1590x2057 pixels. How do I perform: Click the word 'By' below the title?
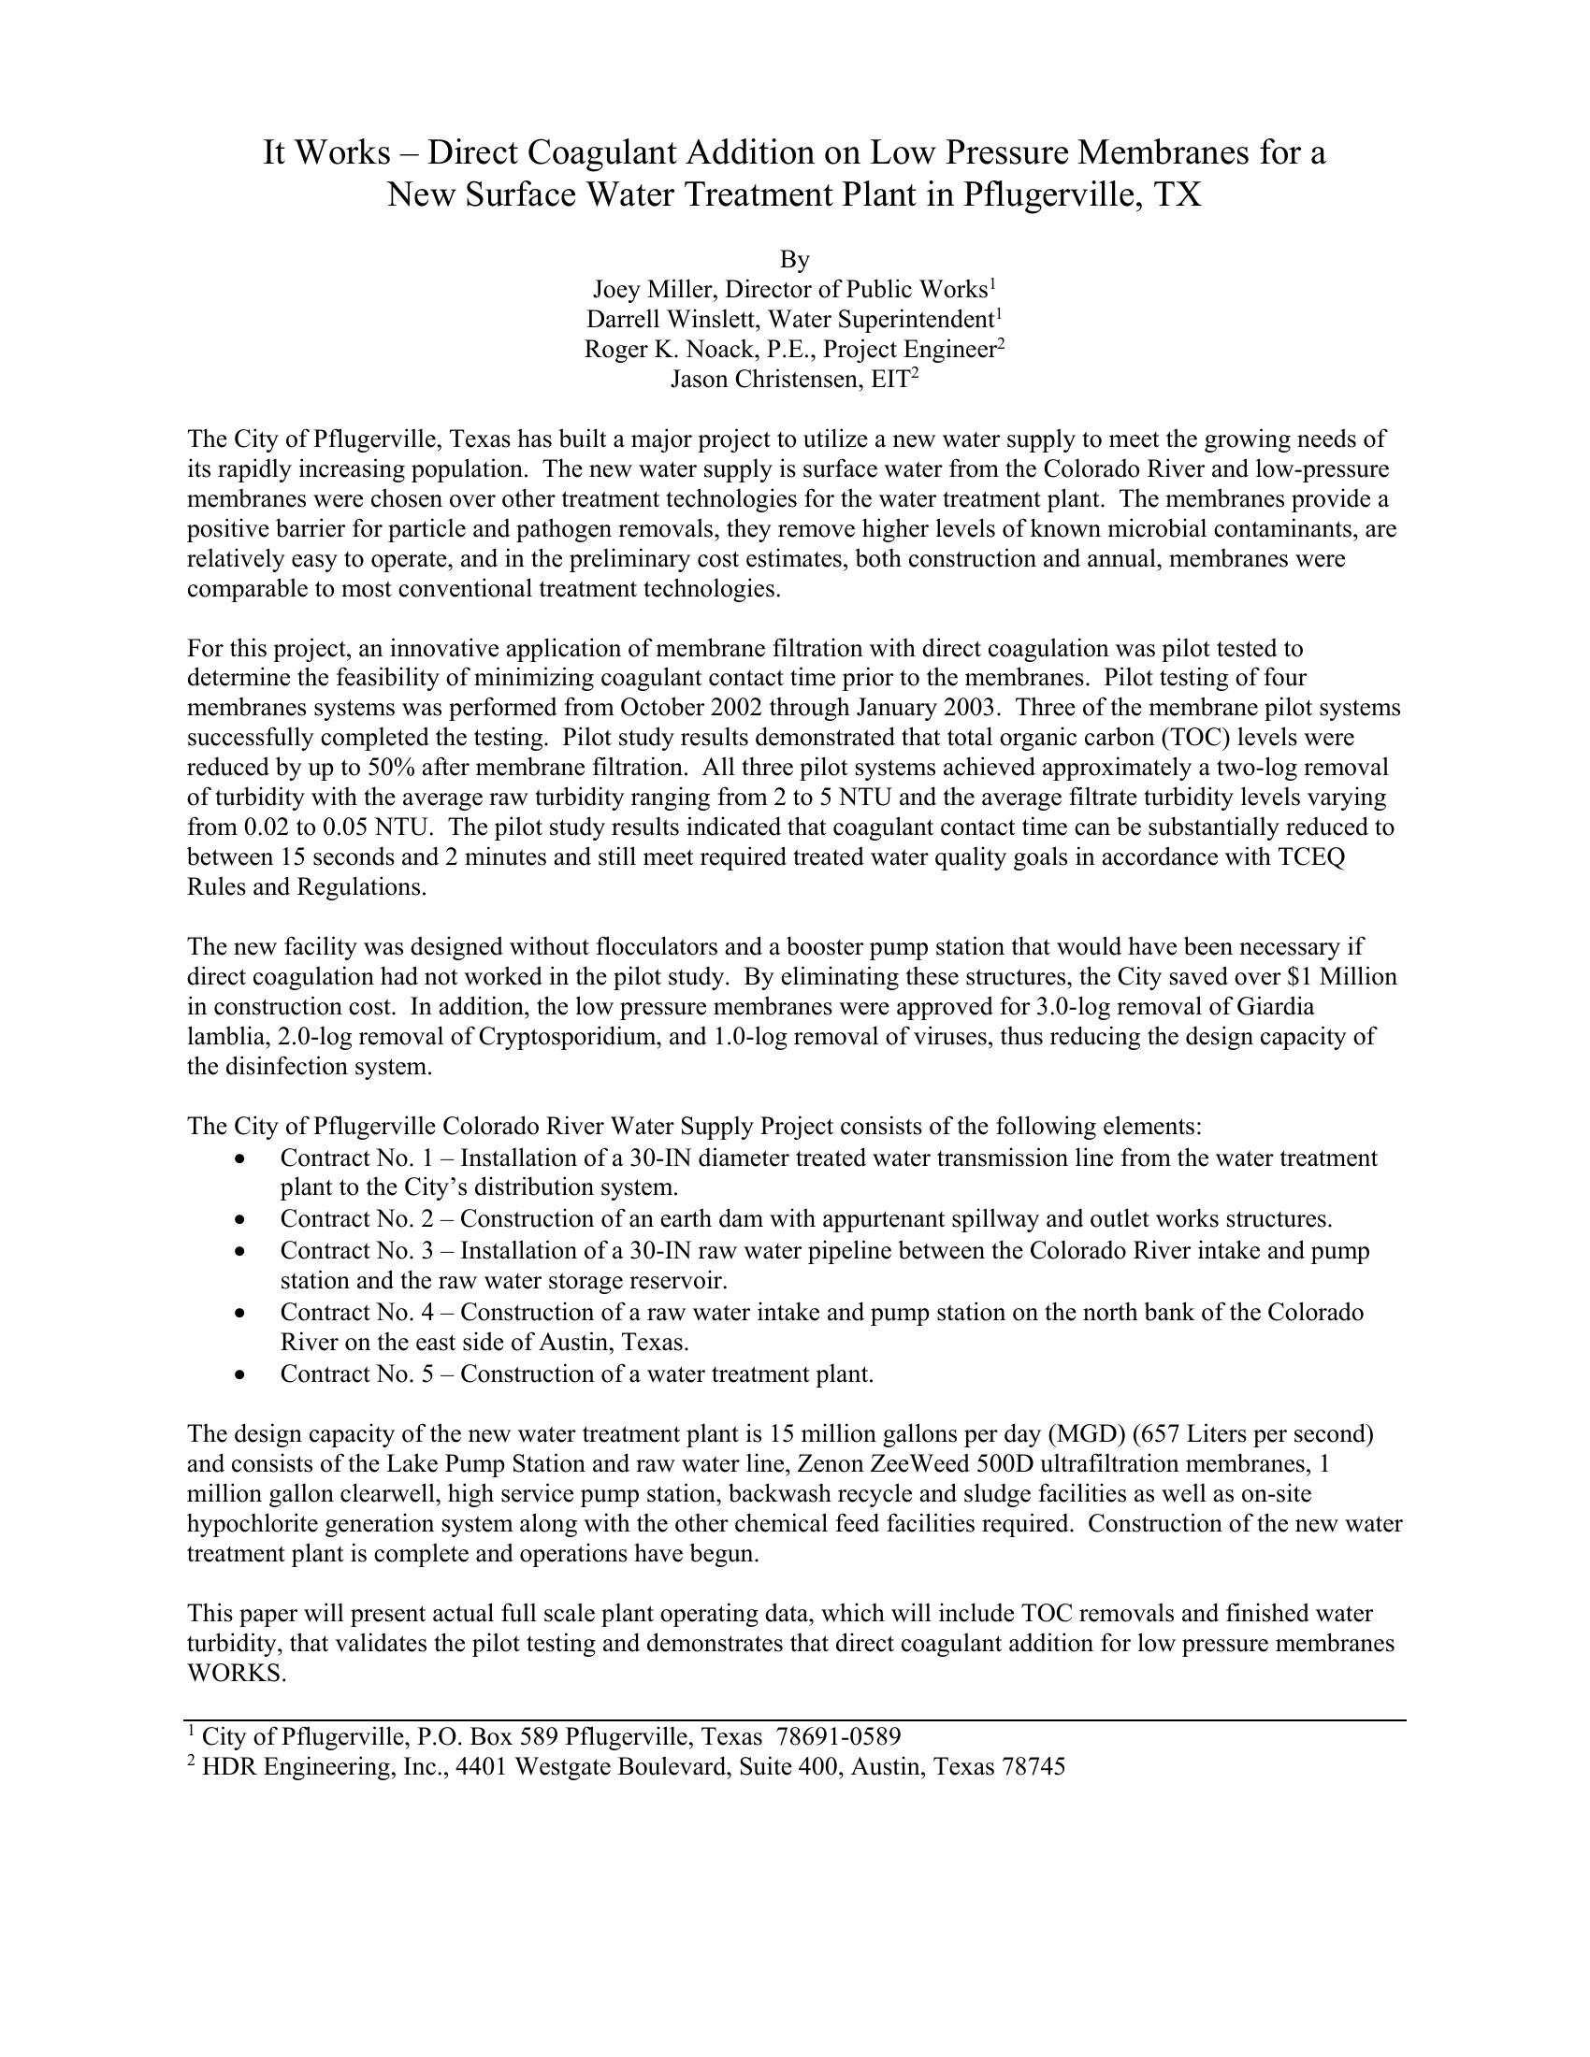(x=794, y=259)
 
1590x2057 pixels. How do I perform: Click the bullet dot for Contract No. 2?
(x=243, y=1220)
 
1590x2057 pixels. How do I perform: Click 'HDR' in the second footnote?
(x=229, y=1767)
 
